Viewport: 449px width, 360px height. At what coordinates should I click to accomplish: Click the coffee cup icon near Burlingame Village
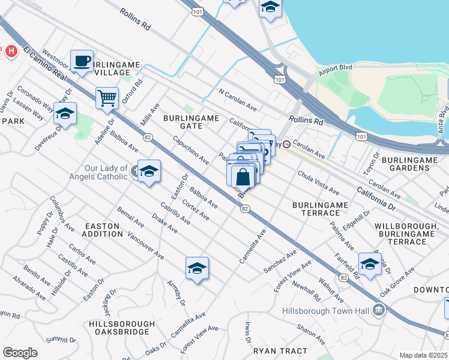[82, 61]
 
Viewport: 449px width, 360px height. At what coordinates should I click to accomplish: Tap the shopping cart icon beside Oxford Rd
[107, 98]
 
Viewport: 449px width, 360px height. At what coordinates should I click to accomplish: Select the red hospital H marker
[10, 52]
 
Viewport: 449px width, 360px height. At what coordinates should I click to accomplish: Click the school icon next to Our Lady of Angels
[149, 172]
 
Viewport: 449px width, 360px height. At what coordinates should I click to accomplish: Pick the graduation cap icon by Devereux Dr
[65, 113]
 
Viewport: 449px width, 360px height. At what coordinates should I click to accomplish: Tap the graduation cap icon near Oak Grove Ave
[370, 264]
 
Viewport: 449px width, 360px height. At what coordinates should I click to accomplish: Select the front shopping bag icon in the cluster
[243, 177]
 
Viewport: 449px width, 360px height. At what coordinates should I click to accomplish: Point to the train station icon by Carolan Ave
[287, 145]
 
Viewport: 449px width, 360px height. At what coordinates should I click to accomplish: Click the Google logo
[20, 352]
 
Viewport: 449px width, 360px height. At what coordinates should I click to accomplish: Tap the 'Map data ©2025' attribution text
[423, 355]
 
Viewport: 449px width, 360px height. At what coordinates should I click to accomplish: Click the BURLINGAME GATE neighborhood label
[187, 122]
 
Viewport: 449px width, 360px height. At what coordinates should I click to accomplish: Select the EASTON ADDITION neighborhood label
[108, 230]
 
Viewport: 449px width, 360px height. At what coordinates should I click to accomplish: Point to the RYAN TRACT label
[280, 350]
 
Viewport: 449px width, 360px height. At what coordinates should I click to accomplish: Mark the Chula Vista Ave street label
[319, 182]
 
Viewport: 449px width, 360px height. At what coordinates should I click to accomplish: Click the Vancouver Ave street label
[146, 245]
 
